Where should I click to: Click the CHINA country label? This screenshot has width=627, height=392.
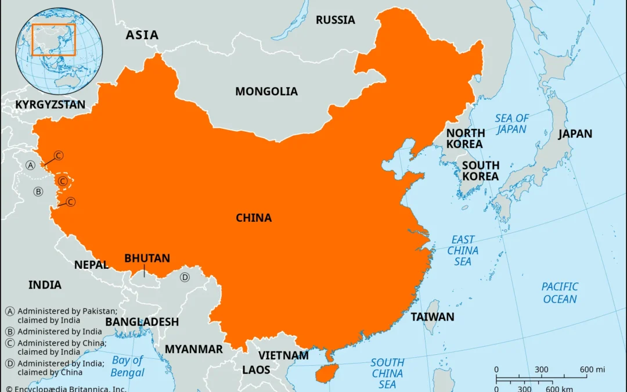click(254, 218)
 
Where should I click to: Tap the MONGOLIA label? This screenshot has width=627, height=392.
click(266, 92)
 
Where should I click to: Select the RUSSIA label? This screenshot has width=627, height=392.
click(335, 20)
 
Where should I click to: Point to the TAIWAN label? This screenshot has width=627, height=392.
click(433, 317)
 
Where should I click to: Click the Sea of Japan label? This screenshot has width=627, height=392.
click(511, 124)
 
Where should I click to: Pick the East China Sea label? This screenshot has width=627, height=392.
click(463, 250)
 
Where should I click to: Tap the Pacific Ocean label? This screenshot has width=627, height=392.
click(560, 293)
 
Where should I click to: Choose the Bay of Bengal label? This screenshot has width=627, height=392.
click(128, 366)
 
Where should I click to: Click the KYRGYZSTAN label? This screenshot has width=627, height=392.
click(50, 105)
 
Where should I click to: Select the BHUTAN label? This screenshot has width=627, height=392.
click(147, 258)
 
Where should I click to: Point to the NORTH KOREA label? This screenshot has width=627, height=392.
click(464, 138)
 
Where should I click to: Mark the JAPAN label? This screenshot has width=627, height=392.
click(575, 134)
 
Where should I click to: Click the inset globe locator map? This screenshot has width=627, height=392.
click(60, 46)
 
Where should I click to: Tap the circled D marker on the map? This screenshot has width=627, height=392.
click(185, 277)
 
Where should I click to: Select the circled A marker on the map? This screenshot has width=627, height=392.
click(31, 166)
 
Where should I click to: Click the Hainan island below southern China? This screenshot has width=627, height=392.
click(327, 373)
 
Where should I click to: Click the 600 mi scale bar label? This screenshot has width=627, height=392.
click(592, 370)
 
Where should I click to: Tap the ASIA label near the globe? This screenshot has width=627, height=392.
click(142, 35)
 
